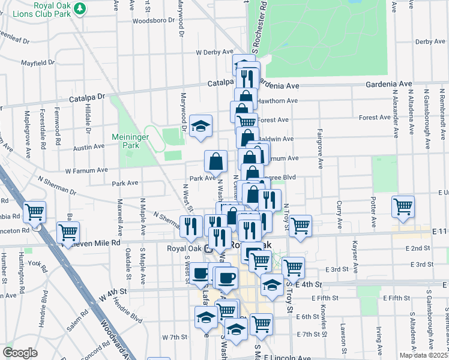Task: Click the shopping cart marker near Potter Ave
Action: point(403,206)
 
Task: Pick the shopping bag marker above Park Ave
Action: point(215,161)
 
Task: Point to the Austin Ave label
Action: point(89,147)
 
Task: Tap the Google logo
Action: point(20,353)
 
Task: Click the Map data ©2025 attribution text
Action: point(423,355)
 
